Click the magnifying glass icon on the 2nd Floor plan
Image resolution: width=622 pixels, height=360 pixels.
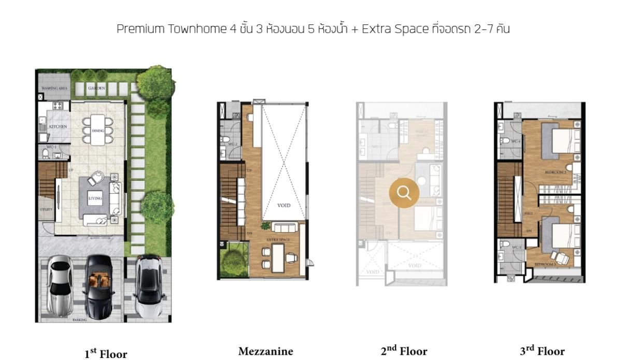point(404,193)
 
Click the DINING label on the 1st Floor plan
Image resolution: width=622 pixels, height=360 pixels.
point(98,131)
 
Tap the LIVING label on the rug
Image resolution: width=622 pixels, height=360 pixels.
point(95,198)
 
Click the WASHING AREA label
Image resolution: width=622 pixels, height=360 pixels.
point(54,89)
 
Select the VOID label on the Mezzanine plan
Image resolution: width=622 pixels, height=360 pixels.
point(284,206)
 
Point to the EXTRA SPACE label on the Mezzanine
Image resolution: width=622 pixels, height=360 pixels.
point(278,240)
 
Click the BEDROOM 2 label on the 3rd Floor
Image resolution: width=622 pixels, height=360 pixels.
point(555,171)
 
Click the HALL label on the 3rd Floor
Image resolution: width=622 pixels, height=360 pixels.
point(529,213)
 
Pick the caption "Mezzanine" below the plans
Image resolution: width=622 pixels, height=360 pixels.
point(265,352)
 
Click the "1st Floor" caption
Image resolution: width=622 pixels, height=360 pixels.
point(105,354)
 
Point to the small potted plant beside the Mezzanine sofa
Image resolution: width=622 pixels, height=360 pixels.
point(266,226)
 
